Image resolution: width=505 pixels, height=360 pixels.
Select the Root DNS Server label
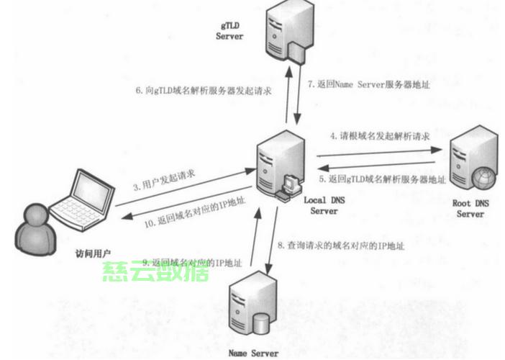[470, 209]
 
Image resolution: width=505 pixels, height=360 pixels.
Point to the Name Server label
[252, 353]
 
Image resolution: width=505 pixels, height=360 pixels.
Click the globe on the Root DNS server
[482, 175]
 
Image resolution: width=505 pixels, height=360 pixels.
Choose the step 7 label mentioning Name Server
[368, 84]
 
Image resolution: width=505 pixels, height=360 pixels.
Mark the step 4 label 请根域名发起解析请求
[380, 135]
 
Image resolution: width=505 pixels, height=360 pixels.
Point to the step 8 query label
[340, 246]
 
